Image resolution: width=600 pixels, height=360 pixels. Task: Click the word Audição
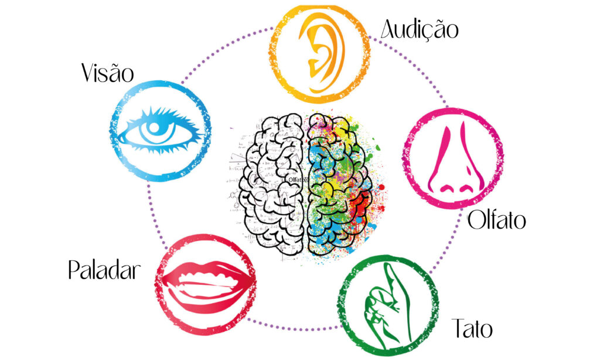point(420,29)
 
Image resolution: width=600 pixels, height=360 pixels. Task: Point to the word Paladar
point(104,271)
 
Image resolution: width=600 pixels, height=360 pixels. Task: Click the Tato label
point(472,328)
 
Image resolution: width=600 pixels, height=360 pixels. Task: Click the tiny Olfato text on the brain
point(298,179)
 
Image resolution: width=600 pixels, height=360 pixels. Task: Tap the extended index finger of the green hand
point(392,279)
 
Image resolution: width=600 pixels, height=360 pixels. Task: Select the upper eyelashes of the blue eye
point(161,112)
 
